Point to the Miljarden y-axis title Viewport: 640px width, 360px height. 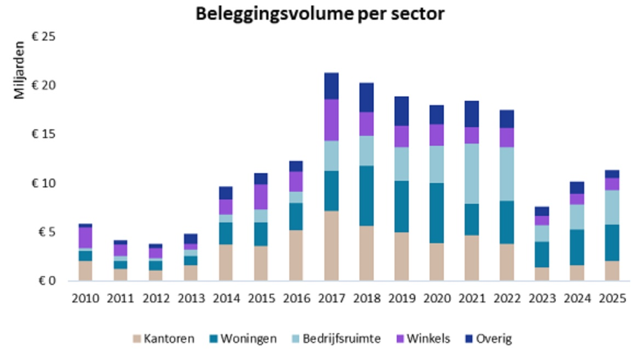[x=20, y=70]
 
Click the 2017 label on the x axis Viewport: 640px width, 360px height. [x=331, y=299]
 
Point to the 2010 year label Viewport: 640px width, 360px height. [x=85, y=299]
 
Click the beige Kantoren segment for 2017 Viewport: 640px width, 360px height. [x=331, y=245]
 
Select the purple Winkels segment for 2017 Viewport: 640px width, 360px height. [x=331, y=120]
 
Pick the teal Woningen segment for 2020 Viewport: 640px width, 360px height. [x=437, y=213]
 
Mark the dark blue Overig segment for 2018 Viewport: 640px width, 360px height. [x=366, y=98]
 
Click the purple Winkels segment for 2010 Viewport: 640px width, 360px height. [x=85, y=238]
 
